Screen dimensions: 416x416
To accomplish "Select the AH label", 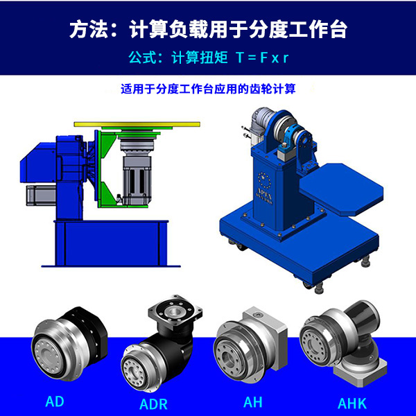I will tap(253, 400).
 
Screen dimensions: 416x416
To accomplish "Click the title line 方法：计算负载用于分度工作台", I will tap(208, 31).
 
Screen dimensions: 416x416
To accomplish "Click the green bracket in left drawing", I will tap(107, 166).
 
